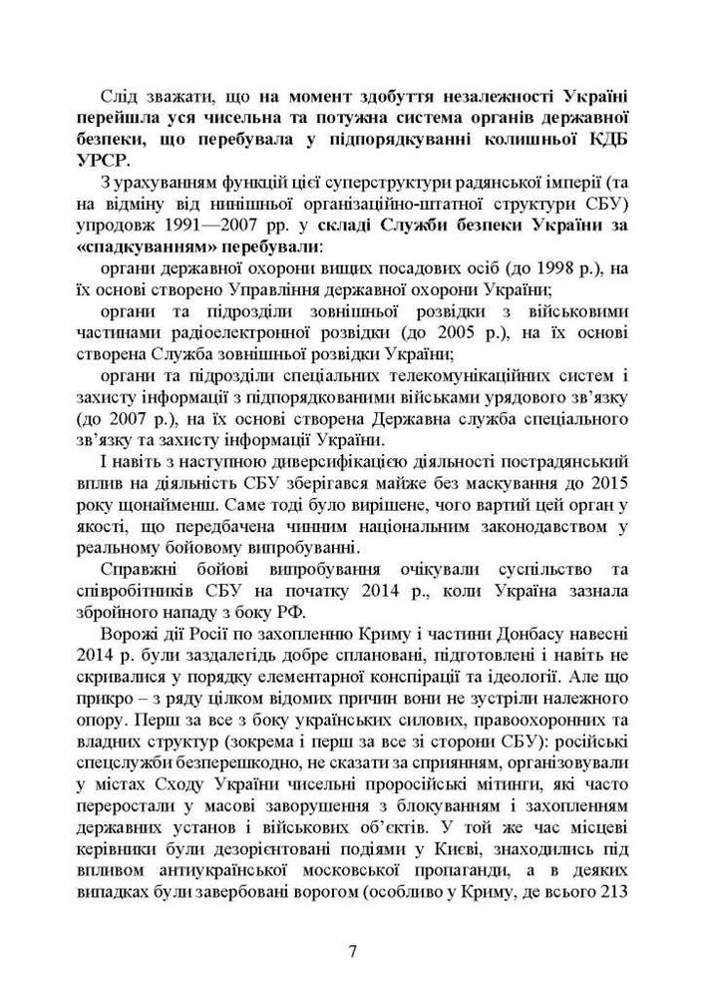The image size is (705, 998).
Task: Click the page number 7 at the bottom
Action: pos(352,949)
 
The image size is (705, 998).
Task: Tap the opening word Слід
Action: pos(124,94)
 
